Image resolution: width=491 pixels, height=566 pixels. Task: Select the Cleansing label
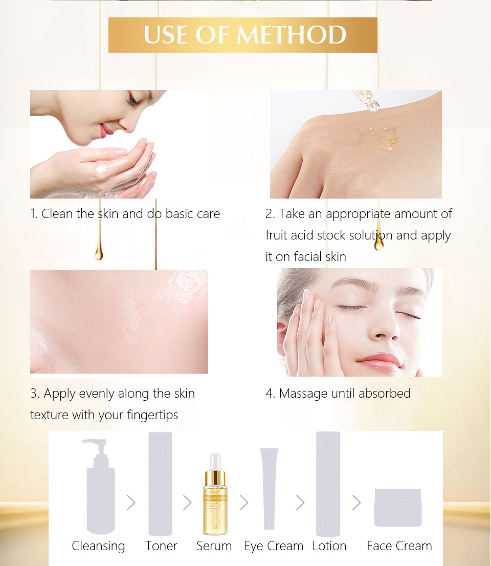click(x=98, y=546)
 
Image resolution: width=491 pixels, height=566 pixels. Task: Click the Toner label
click(x=161, y=546)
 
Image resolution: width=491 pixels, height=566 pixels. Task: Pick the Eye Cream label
click(x=274, y=546)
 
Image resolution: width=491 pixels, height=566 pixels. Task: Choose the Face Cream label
click(x=399, y=546)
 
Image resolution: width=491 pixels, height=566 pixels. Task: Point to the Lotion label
click(x=329, y=546)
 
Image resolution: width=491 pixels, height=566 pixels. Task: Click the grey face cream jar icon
click(x=397, y=508)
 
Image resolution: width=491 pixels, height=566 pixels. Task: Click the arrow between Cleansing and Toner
click(x=131, y=503)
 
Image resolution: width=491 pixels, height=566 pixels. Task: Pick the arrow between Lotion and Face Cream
click(x=356, y=503)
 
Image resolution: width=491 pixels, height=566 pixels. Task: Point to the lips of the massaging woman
click(x=378, y=361)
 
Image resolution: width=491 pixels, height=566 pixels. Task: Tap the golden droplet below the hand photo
click(x=378, y=241)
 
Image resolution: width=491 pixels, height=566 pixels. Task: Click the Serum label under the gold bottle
click(x=214, y=546)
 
